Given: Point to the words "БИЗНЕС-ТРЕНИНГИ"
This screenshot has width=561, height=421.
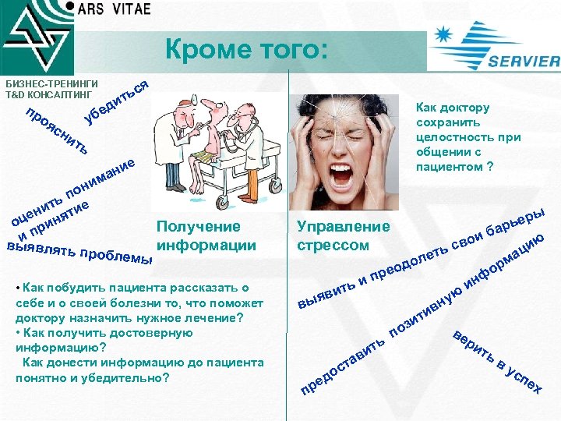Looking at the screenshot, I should (x=51, y=83).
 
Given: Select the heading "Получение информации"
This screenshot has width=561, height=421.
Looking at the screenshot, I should (x=206, y=236).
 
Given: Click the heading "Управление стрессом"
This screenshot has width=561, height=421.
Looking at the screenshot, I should (x=343, y=236).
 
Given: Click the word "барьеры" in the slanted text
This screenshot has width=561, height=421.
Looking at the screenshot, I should (x=520, y=219).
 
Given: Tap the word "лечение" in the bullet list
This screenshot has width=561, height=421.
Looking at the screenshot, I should (x=213, y=317).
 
